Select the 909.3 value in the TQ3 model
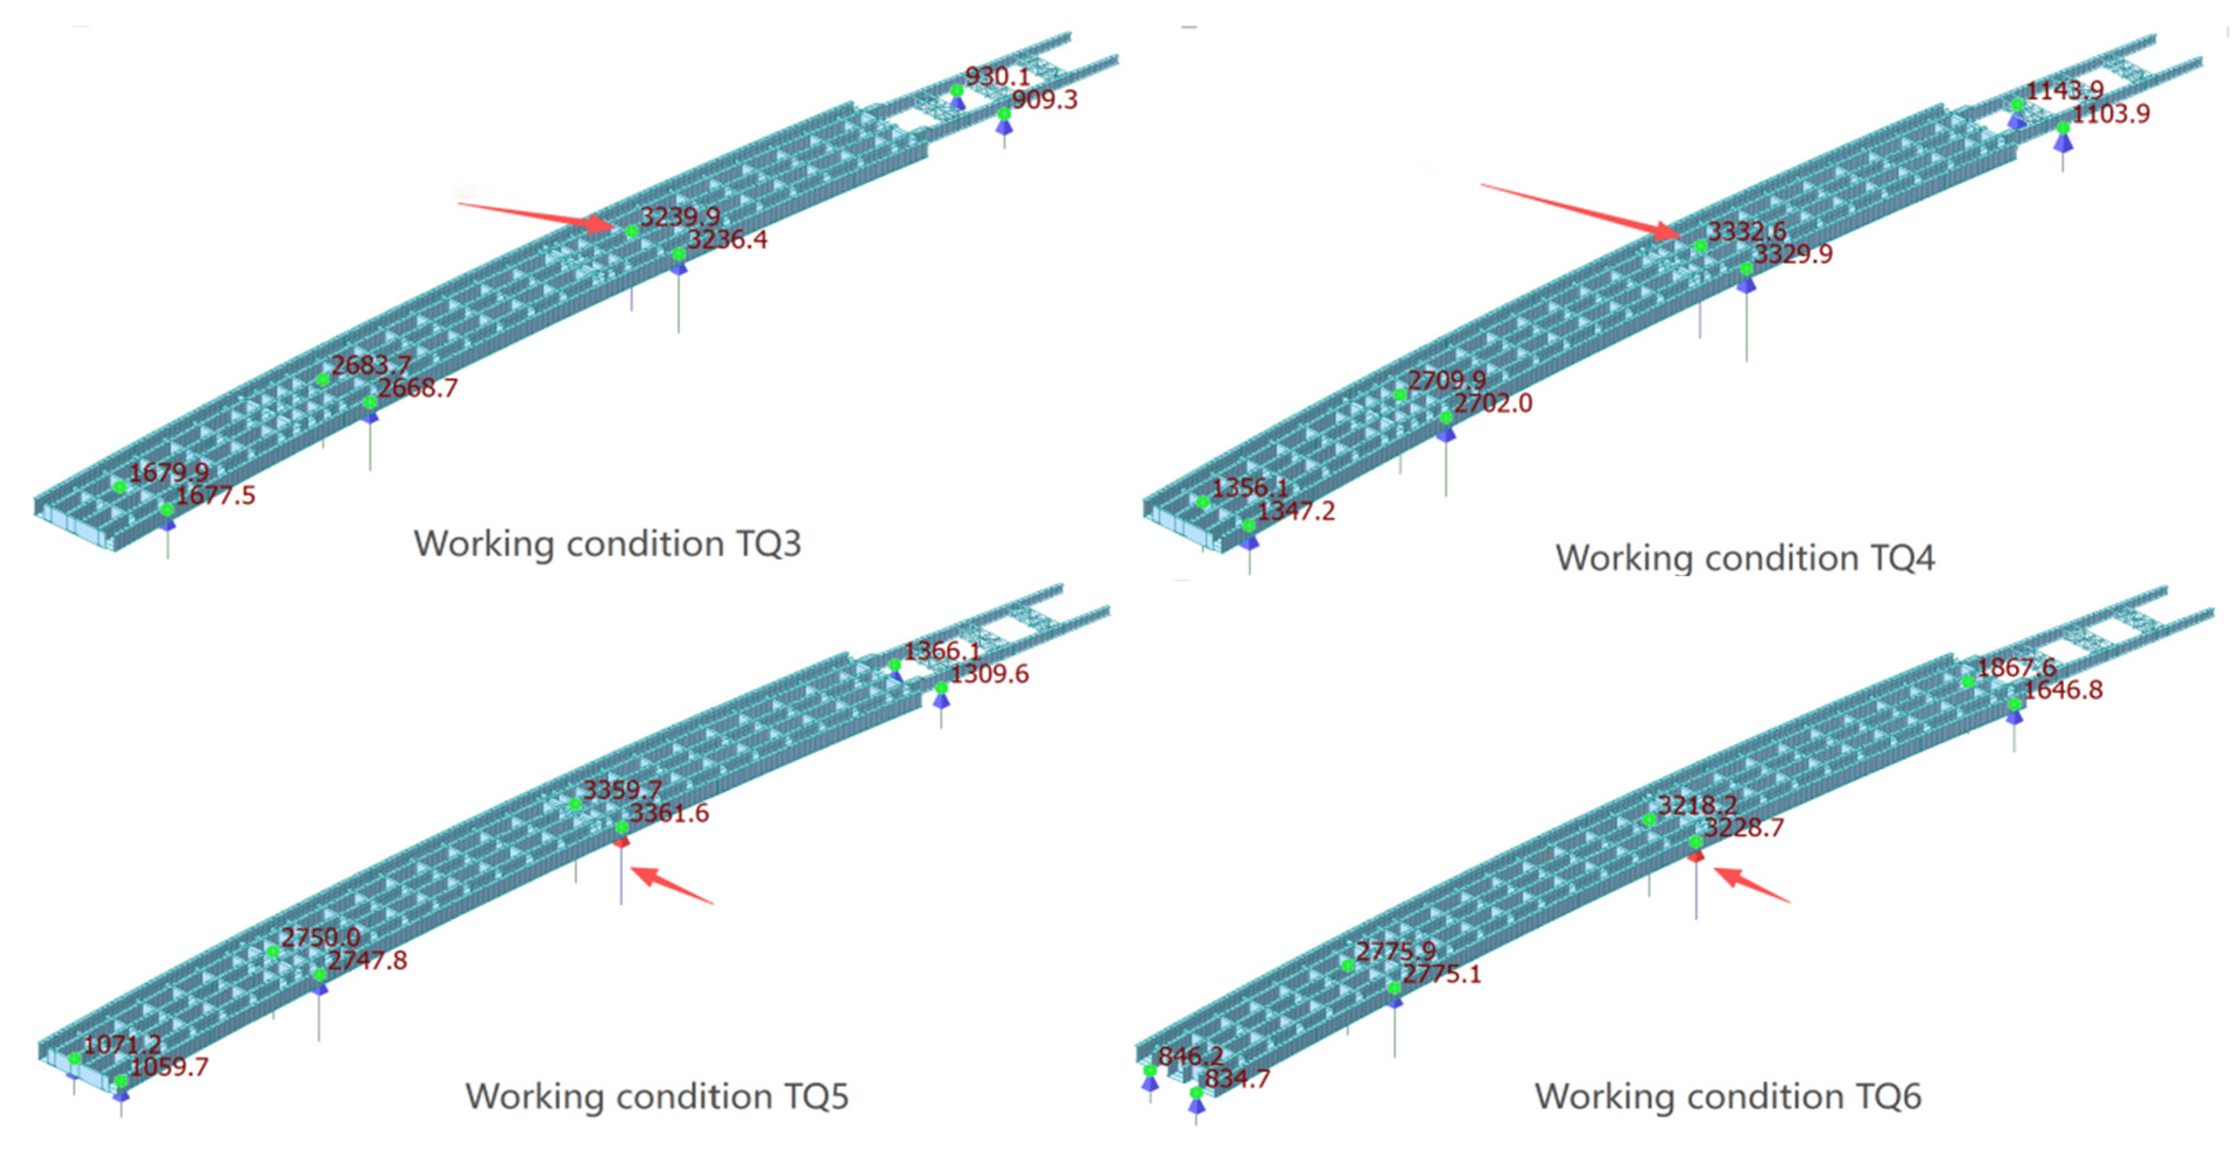(x=1044, y=100)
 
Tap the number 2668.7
(x=417, y=388)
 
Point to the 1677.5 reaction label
(x=216, y=496)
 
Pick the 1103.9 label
(x=2111, y=114)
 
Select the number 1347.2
(x=1296, y=511)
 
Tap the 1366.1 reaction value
(x=942, y=651)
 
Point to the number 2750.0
(x=320, y=937)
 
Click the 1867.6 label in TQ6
(x=2017, y=667)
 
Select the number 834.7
(x=1237, y=1079)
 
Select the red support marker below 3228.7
(x=1695, y=857)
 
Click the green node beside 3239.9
(x=632, y=231)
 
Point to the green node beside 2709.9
(x=1399, y=395)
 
